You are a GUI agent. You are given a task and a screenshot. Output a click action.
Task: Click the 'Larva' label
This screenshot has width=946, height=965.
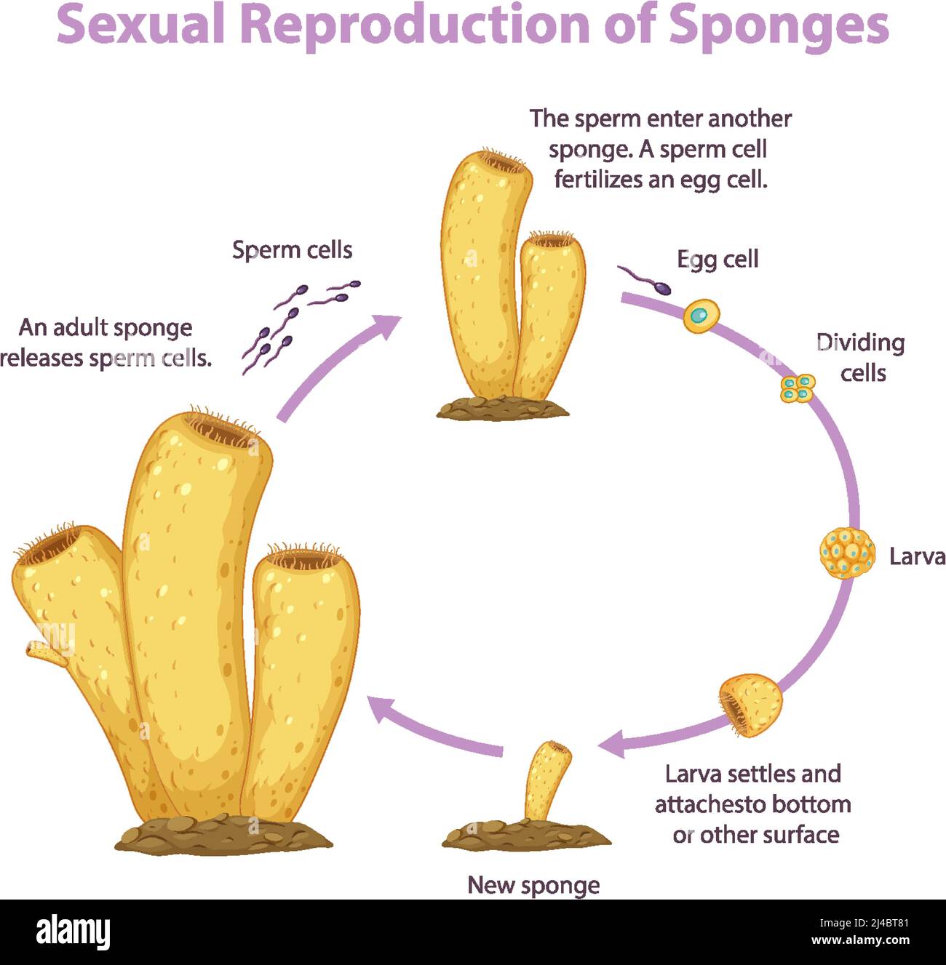917,557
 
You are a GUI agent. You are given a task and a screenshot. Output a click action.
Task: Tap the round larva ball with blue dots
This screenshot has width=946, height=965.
847,553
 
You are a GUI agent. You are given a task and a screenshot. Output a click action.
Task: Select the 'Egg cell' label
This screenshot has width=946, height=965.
718,260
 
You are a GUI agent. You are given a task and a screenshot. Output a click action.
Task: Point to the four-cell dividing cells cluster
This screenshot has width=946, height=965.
798,388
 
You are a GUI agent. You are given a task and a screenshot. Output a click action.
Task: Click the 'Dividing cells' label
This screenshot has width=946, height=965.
861,357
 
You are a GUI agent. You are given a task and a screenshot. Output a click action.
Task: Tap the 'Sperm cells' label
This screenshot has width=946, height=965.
292,250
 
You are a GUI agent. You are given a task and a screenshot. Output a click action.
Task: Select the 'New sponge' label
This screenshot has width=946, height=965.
533,885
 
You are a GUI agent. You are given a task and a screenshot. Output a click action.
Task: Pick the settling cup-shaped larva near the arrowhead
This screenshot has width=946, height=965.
752,705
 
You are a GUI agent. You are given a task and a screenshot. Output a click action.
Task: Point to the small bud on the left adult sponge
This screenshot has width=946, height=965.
44,652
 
